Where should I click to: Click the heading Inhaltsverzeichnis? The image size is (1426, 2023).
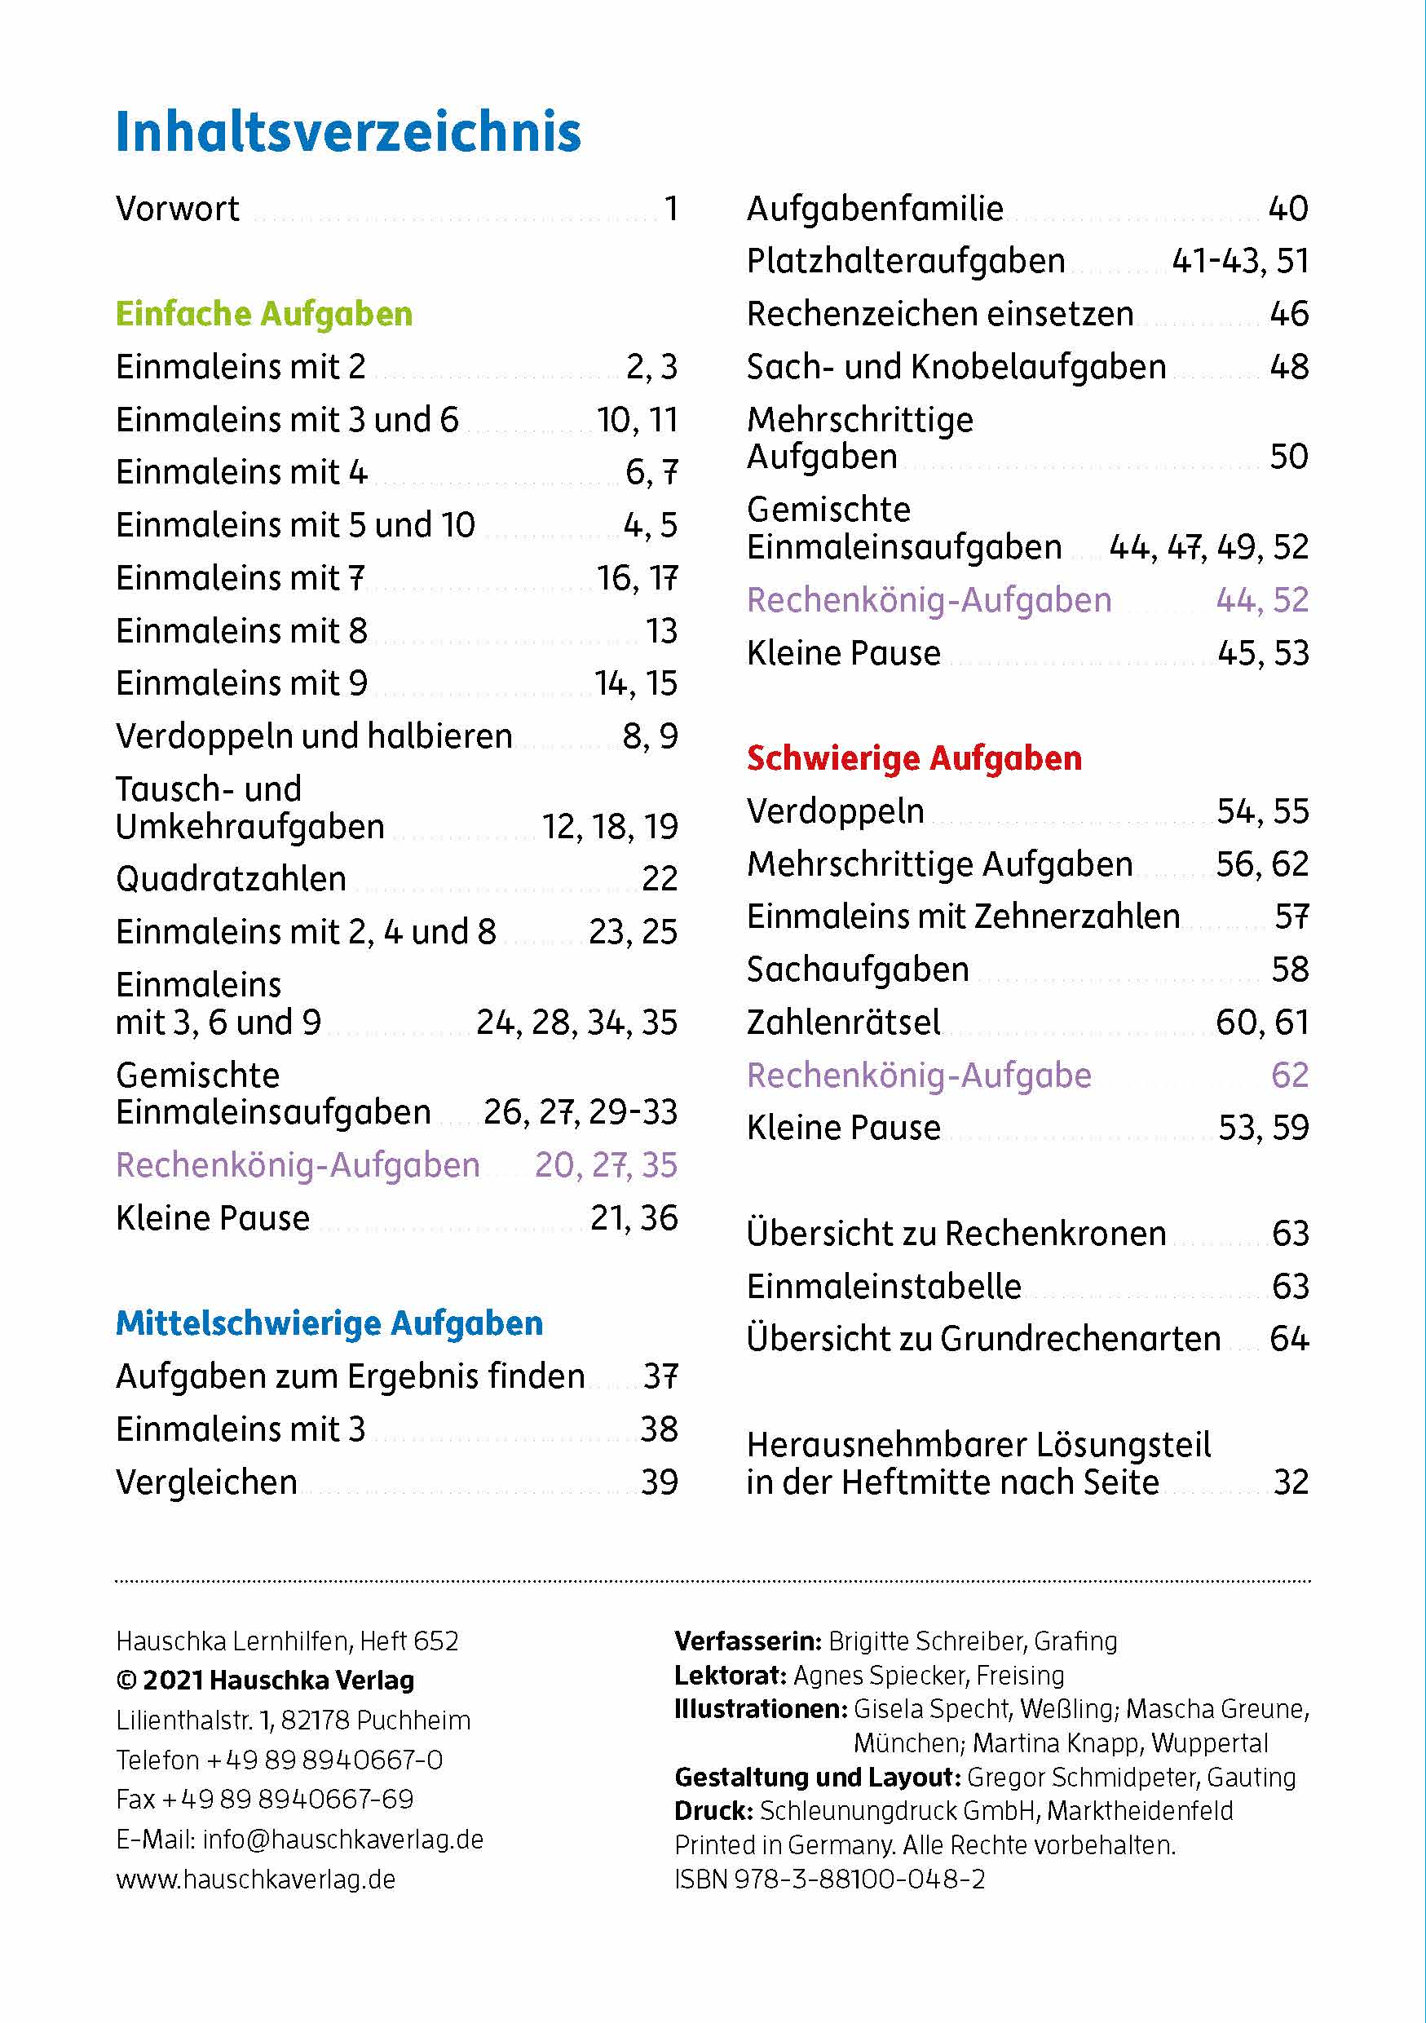[x=348, y=132]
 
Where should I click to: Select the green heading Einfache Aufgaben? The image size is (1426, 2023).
[x=264, y=314]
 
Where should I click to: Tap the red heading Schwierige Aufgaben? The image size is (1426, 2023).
[x=913, y=758]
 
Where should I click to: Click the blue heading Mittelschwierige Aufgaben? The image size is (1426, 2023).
[x=329, y=1323]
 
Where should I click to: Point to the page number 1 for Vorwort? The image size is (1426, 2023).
[x=671, y=209]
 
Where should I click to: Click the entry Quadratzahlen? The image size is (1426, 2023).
[x=231, y=878]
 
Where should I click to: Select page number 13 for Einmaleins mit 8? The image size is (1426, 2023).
[x=660, y=631]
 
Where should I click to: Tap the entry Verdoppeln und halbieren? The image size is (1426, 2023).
[x=314, y=735]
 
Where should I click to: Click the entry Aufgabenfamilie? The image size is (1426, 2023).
[x=875, y=209]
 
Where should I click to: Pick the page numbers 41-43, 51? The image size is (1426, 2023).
[x=1239, y=261]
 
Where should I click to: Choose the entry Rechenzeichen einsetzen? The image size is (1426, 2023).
[x=940, y=314]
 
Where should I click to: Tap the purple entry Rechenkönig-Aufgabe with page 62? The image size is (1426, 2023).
[x=919, y=1075]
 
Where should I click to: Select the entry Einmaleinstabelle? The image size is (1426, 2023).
[x=884, y=1287]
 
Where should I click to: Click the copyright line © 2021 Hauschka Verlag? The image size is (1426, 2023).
[x=264, y=1680]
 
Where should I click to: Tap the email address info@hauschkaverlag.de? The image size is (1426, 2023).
[x=342, y=1839]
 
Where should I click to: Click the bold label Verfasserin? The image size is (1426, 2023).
[x=748, y=1641]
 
